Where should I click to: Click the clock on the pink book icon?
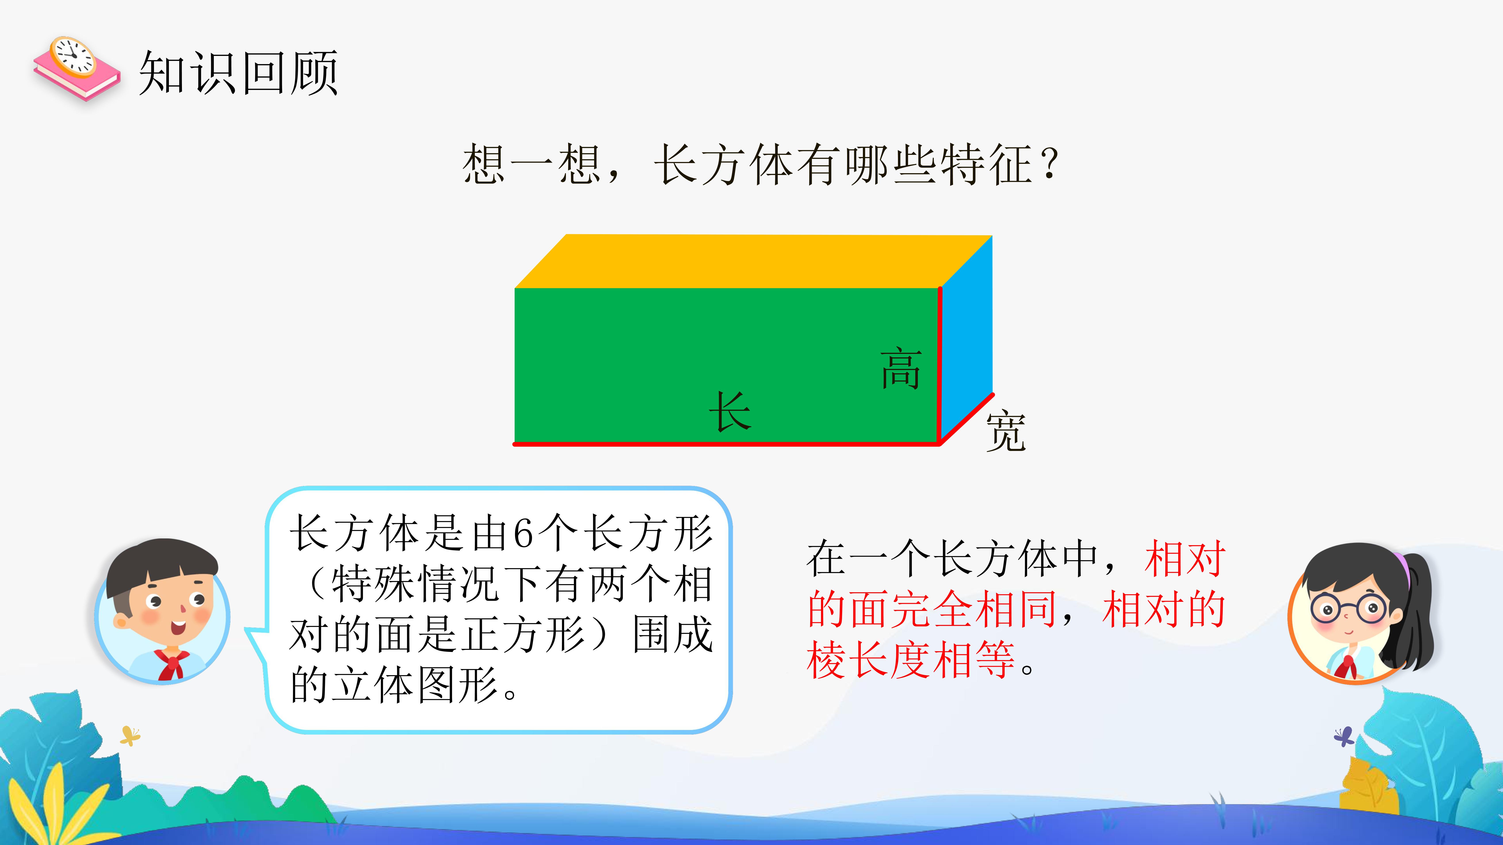pos(73,57)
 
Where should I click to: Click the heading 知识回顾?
pos(238,73)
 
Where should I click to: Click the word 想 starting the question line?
pos(483,164)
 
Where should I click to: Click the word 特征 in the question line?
pos(987,164)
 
